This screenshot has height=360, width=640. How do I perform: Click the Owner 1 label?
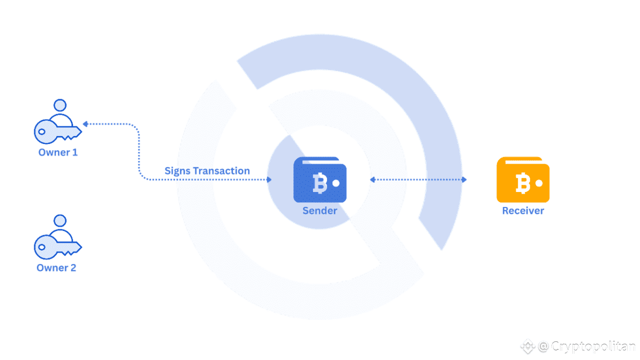[58, 153]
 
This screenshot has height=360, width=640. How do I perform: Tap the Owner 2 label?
[56, 268]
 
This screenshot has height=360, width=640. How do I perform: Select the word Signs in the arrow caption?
[177, 171]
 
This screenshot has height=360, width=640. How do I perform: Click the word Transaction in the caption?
[221, 171]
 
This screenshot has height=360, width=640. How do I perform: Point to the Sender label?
[319, 211]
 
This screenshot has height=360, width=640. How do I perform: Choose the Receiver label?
[523, 211]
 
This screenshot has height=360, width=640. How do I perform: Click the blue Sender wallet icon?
[319, 180]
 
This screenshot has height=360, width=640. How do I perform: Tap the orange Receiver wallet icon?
[523, 180]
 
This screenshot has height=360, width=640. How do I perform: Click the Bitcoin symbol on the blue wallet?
[319, 183]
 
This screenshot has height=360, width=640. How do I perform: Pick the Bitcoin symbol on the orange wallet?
[522, 183]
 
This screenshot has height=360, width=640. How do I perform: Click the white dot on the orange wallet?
[539, 183]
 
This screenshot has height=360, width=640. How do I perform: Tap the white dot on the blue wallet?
[336, 183]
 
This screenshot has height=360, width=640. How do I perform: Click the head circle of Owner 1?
[60, 105]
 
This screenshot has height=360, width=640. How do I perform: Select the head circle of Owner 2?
[60, 220]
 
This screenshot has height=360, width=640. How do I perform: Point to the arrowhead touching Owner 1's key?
[85, 124]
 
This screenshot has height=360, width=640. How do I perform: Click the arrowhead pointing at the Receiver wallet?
[464, 180]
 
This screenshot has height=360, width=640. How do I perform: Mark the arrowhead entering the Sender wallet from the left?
[269, 180]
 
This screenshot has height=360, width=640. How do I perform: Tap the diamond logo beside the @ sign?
[527, 347]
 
